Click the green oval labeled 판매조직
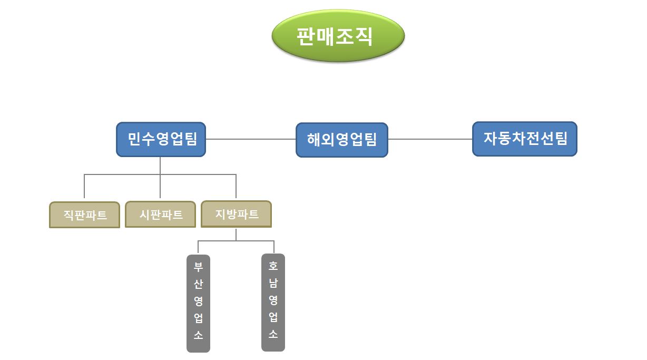click(x=338, y=36)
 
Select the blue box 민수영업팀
click(x=161, y=139)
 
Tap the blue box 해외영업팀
click(x=341, y=140)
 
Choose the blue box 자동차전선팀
click(x=524, y=139)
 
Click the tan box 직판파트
click(x=84, y=215)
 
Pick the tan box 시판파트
click(x=160, y=215)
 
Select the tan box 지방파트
click(x=236, y=214)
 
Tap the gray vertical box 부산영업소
click(x=198, y=303)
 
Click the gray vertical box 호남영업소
click(x=273, y=302)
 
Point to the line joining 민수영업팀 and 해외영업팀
click(x=250, y=139)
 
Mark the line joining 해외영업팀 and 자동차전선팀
click(x=429, y=139)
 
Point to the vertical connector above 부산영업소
click(x=198, y=247)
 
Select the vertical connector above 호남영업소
click(x=274, y=247)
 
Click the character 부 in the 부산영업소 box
click(x=198, y=267)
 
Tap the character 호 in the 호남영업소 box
click(x=273, y=266)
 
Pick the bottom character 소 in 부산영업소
click(x=198, y=336)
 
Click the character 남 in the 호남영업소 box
click(x=273, y=283)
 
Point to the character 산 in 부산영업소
click(x=198, y=284)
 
